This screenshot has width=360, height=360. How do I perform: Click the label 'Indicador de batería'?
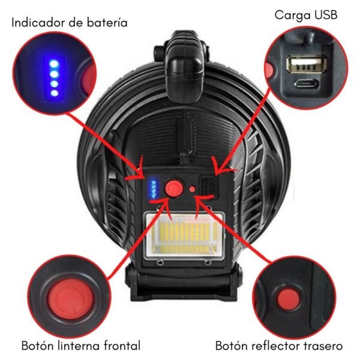(70, 23)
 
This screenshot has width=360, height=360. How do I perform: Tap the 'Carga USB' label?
(306, 16)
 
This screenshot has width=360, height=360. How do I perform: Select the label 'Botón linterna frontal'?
(81, 346)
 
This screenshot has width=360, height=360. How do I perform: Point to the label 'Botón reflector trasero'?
(279, 346)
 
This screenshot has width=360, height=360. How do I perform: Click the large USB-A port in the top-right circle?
(306, 65)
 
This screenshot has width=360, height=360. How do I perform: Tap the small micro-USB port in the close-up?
(307, 83)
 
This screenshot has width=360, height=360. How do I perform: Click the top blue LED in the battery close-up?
(54, 64)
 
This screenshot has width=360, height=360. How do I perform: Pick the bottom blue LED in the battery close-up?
(55, 93)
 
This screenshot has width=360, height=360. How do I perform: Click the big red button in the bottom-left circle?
(71, 298)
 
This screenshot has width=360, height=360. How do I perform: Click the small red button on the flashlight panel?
(193, 189)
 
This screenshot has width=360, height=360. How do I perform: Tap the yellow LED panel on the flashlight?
(184, 235)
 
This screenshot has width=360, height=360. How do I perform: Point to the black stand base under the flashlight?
(184, 284)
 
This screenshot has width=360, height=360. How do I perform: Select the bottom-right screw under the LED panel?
(208, 262)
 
